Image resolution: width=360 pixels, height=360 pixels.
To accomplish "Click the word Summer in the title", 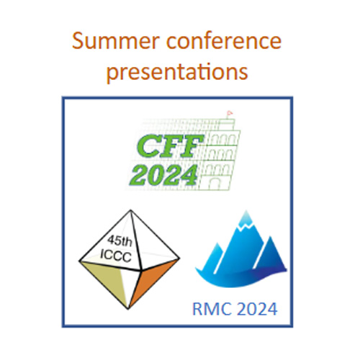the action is [116, 41].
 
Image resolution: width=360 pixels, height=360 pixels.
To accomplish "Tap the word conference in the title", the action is [224, 40].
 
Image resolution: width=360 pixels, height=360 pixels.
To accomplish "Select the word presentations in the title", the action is [177, 71].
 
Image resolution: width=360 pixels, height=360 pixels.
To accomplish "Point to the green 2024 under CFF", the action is [164, 176].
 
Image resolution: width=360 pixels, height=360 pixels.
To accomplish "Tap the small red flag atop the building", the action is [230, 113].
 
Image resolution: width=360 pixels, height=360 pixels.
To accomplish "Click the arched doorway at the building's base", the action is [214, 184].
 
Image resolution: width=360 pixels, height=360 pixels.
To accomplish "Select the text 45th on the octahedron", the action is [120, 240].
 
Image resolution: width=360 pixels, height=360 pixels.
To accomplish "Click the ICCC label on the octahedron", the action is [116, 256].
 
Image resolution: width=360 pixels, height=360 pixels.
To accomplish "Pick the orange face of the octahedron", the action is [152, 279].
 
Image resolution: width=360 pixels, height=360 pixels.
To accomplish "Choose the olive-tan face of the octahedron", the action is [108, 279].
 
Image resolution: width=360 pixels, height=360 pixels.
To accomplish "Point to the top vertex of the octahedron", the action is [130, 210].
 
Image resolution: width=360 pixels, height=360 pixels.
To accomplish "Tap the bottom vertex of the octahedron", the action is [128, 308].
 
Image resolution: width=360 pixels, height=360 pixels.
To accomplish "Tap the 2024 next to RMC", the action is [257, 309].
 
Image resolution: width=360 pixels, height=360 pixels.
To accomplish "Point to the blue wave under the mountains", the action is [240, 279].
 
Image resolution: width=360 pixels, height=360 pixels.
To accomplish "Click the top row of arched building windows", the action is [222, 140].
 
